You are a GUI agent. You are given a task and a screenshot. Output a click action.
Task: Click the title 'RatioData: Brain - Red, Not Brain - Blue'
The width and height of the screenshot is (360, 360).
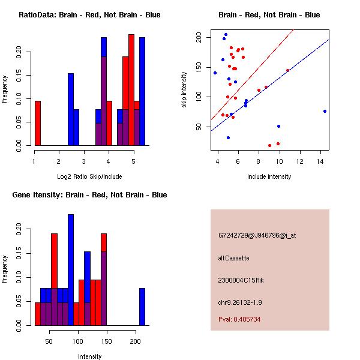[x=89, y=15]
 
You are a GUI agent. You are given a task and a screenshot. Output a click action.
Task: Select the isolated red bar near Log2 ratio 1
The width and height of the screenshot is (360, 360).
[x=38, y=123]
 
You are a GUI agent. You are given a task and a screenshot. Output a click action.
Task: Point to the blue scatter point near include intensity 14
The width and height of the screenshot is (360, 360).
[x=325, y=111]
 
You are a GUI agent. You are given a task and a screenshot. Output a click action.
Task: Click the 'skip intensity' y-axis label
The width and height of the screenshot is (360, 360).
[x=185, y=89]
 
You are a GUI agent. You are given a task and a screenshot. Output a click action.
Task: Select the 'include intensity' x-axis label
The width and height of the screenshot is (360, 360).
[x=269, y=176]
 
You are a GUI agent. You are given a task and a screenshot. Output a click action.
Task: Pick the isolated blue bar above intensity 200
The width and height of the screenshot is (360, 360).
[x=142, y=307]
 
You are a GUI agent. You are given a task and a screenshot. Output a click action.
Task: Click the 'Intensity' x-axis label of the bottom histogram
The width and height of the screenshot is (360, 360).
[x=89, y=356]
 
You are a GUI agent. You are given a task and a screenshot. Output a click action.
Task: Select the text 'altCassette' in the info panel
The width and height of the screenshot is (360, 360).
[x=233, y=258]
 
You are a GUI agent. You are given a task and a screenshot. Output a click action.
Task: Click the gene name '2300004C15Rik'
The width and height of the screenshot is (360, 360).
[x=239, y=280]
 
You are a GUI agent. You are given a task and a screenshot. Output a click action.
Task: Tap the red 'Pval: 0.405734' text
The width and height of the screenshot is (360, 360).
[x=239, y=319]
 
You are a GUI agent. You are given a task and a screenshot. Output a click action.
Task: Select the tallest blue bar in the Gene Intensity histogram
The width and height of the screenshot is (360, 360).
[x=71, y=270]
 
